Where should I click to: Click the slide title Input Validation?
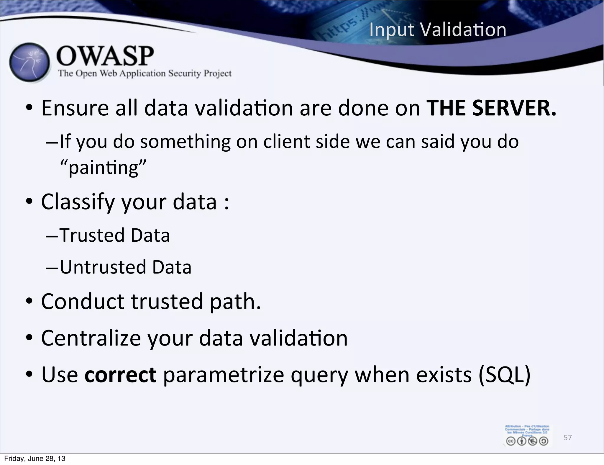pyautogui.click(x=438, y=30)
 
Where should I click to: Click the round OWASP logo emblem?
pyautogui.click(x=29, y=63)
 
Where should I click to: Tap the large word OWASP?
pyautogui.click(x=105, y=56)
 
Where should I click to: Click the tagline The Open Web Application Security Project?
pyautogui.click(x=145, y=73)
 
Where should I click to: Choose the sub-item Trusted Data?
pyautogui.click(x=114, y=235)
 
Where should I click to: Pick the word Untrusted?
pyautogui.click(x=103, y=267)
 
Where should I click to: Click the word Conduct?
pyautogui.click(x=83, y=302)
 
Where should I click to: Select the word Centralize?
pyautogui.click(x=91, y=338)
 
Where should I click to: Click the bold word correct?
pyautogui.click(x=120, y=375)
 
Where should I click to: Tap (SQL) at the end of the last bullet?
pyautogui.click(x=504, y=375)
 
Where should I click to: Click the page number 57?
pyautogui.click(x=567, y=437)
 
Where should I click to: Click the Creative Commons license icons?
pyautogui.click(x=527, y=441)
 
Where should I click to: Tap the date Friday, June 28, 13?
pyautogui.click(x=35, y=459)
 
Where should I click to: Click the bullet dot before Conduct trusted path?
pyautogui.click(x=29, y=302)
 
